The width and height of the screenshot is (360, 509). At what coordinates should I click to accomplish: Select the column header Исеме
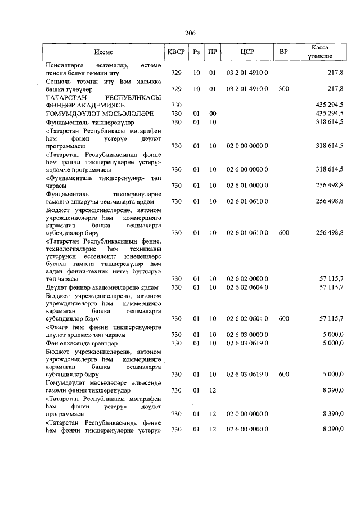pyautogui.click(x=104, y=52)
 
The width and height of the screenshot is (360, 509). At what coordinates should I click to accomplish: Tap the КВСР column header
pyautogui.click(x=176, y=52)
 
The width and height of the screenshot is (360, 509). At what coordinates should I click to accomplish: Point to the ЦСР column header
pyautogui.click(x=247, y=52)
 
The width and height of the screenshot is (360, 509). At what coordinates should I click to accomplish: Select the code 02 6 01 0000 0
pyautogui.click(x=247, y=185)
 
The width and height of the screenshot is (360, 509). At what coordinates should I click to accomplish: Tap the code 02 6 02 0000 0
pyautogui.click(x=247, y=279)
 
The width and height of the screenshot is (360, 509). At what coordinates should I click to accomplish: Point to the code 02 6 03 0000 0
pyautogui.click(x=247, y=335)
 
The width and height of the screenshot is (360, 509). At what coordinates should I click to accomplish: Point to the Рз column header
pyautogui.click(x=196, y=52)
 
